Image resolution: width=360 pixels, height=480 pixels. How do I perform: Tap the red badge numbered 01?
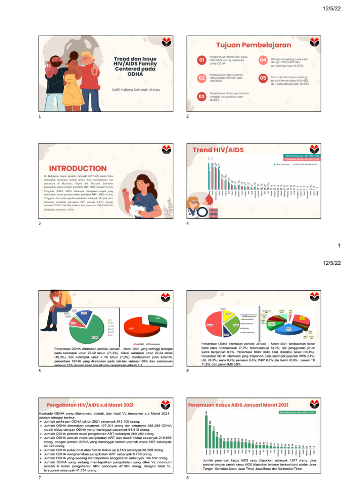[x=202, y=60]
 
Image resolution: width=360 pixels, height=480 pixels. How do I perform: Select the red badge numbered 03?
[x=202, y=96]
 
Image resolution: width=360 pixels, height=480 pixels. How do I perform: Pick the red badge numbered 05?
[x=263, y=78]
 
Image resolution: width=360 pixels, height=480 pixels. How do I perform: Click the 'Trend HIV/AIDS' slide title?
[x=218, y=150]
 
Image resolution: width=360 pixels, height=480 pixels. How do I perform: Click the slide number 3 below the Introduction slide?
[x=40, y=224]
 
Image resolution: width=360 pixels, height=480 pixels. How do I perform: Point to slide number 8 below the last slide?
[x=187, y=478]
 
